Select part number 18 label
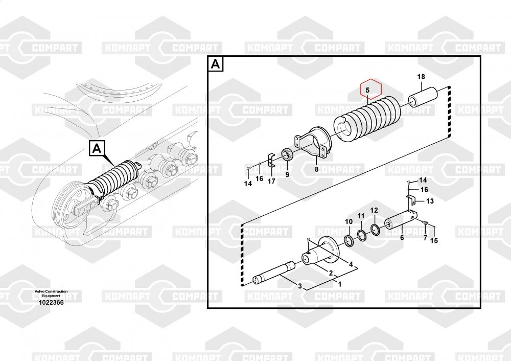(x=421, y=77)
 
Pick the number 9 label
(x=287, y=175)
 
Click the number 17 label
(x=271, y=180)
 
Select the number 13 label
(x=430, y=201)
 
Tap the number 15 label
(x=434, y=241)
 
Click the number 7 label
(x=424, y=238)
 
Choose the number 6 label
(x=402, y=237)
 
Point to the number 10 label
(x=349, y=221)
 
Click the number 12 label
(x=374, y=210)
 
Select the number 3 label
(x=300, y=285)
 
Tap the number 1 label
(x=340, y=283)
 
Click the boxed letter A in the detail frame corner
(x=216, y=64)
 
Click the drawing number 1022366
(x=51, y=302)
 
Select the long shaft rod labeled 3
(x=276, y=272)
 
